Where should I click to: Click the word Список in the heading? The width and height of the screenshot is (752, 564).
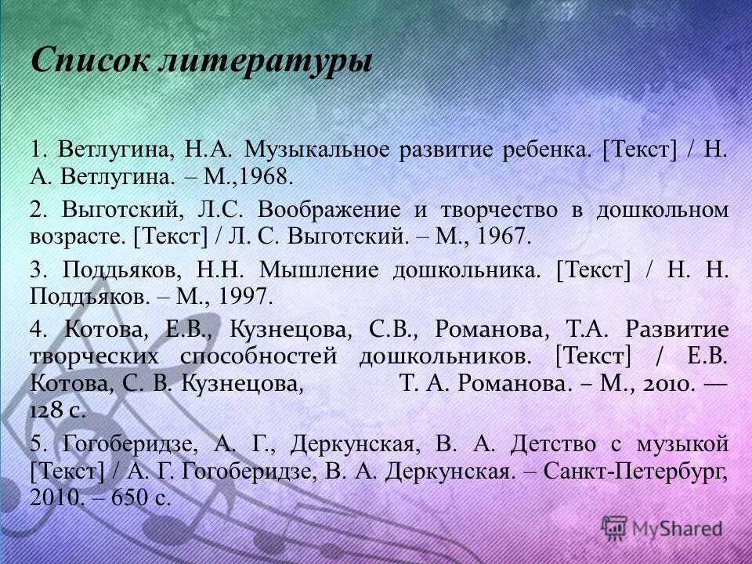pos(87,60)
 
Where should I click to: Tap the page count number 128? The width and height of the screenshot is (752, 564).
pos(50,411)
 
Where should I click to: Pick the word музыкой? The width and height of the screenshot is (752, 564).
pos(681,443)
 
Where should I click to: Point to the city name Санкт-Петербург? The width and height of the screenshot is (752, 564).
pos(628,472)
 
